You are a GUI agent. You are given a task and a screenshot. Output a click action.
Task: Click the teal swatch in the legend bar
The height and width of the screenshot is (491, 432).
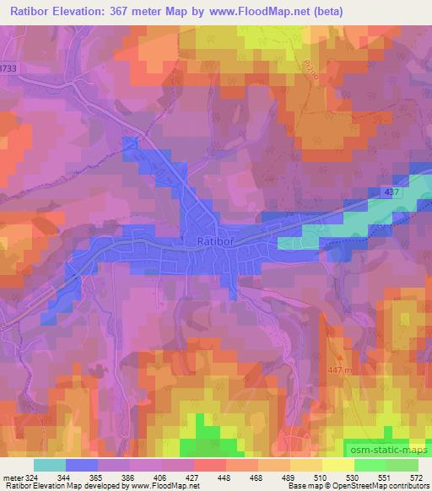coord(49,464)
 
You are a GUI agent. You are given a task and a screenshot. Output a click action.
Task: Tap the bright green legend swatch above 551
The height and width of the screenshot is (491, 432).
coord(370,464)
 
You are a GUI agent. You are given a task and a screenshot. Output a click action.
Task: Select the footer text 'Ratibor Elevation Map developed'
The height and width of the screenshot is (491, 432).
coord(54,486)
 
